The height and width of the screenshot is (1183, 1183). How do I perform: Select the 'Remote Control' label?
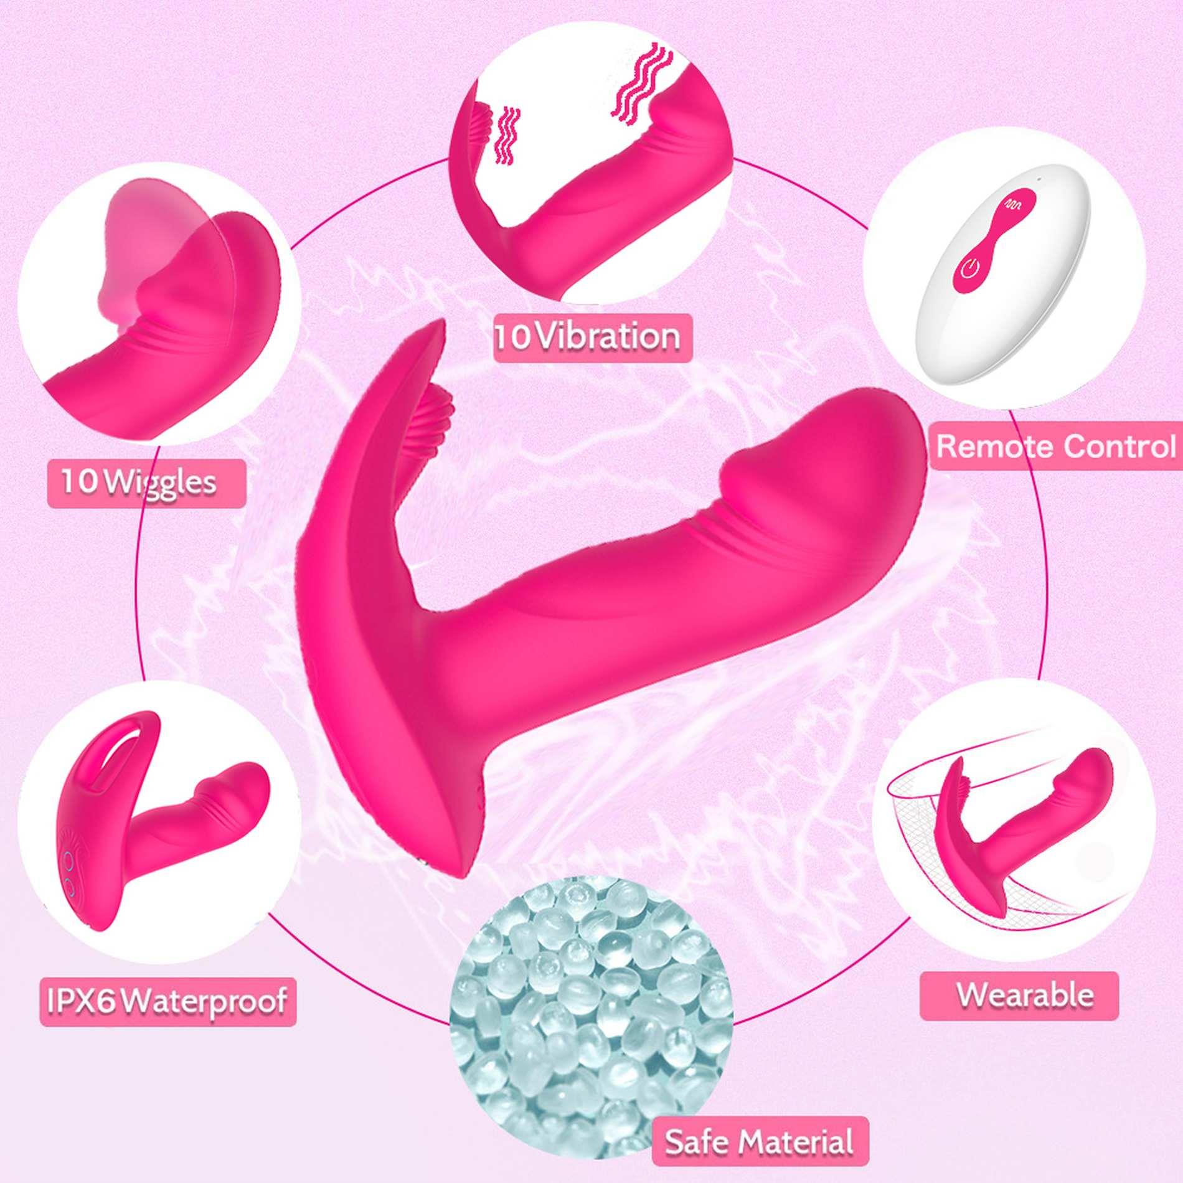[1056, 446]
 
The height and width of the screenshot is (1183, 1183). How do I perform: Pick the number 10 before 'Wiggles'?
[80, 483]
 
